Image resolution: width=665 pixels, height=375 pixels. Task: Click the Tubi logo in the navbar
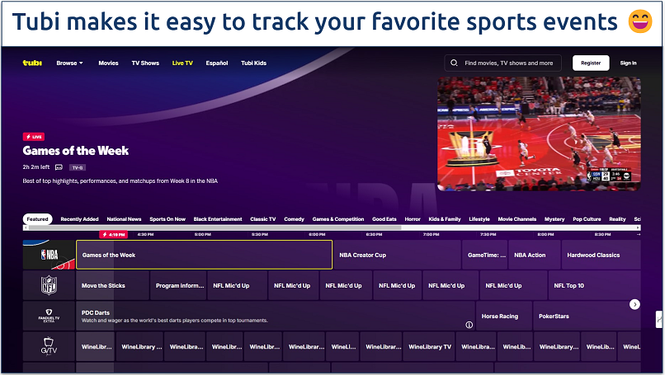click(32, 63)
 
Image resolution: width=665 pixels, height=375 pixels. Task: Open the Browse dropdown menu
click(69, 63)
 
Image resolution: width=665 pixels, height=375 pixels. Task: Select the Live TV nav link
click(182, 63)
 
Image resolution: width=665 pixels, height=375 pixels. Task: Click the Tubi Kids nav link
click(253, 63)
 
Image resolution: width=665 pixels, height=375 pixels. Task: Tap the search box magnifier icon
click(454, 63)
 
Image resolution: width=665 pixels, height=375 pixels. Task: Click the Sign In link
click(628, 63)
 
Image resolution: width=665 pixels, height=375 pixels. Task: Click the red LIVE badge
click(34, 137)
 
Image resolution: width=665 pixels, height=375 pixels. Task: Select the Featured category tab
click(37, 219)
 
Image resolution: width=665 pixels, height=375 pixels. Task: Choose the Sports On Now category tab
click(167, 219)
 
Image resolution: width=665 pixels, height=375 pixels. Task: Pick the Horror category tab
click(413, 219)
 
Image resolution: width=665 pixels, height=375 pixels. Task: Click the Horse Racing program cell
click(501, 315)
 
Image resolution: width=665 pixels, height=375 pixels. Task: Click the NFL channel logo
click(49, 285)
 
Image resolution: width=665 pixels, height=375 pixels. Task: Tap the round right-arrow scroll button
click(634, 304)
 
